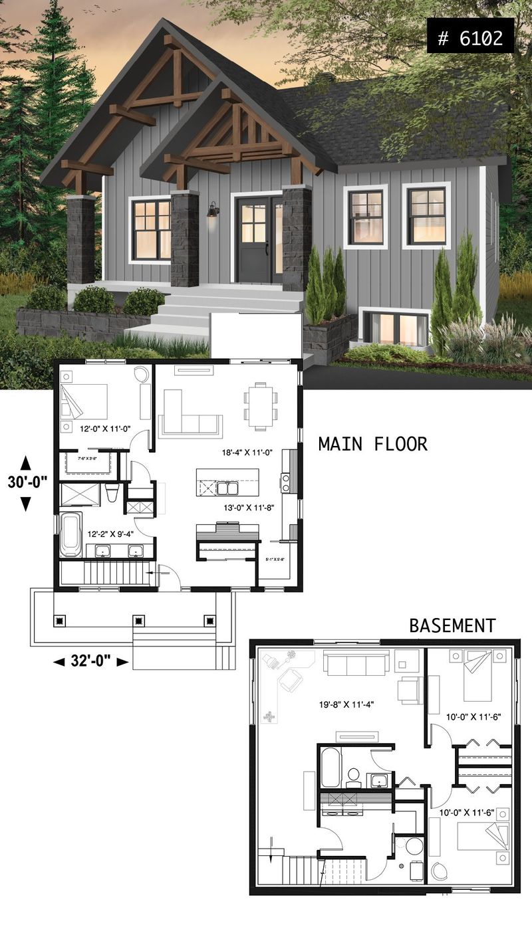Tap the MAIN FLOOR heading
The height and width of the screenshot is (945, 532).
372,444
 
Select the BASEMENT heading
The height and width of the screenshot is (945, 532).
452,625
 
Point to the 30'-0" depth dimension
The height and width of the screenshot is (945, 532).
26,482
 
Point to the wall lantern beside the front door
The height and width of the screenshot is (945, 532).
213,211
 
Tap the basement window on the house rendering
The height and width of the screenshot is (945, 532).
396,328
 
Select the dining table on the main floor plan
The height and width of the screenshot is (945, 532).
260,405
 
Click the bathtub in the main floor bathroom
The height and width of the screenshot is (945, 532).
70,534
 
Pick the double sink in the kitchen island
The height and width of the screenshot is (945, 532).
224,488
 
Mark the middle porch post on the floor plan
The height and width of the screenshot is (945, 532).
138,621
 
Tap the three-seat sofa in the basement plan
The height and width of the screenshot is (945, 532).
356,663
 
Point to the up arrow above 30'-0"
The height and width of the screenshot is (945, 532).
26,462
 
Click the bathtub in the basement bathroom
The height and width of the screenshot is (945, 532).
331,768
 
